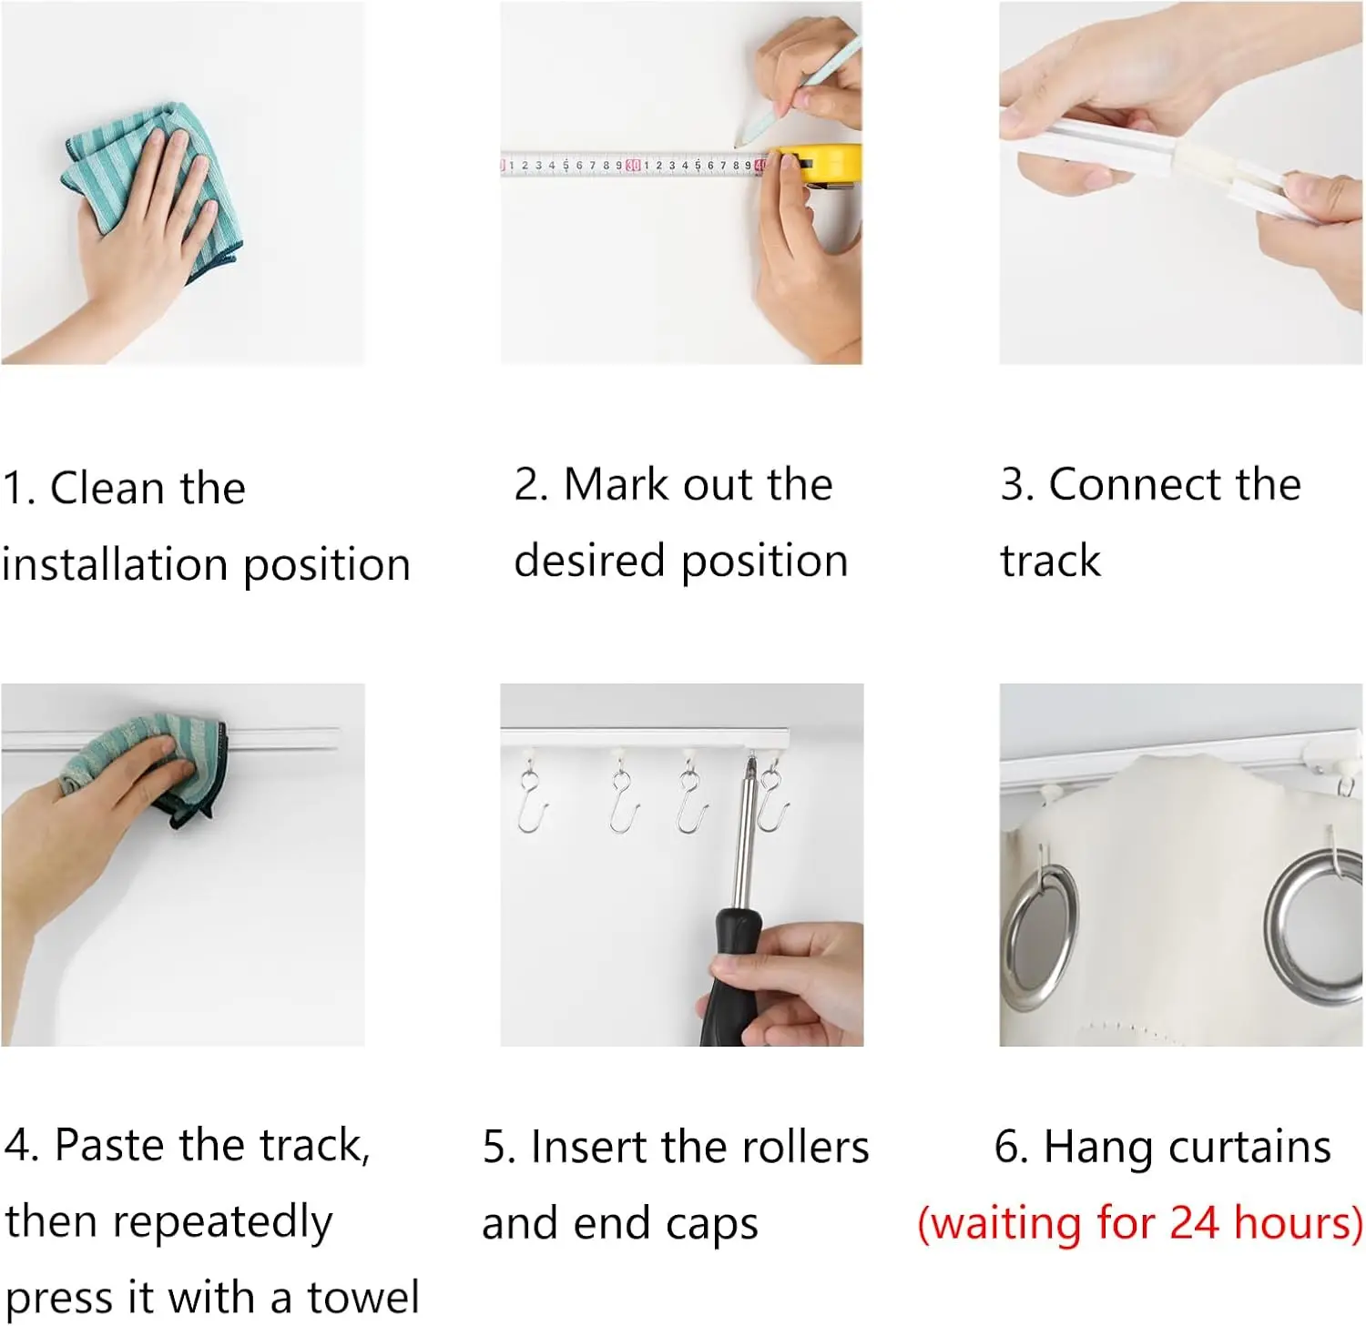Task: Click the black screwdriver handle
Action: coord(736,976)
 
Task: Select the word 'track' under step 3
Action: coord(1051,561)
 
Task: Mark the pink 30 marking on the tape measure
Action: coord(633,165)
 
